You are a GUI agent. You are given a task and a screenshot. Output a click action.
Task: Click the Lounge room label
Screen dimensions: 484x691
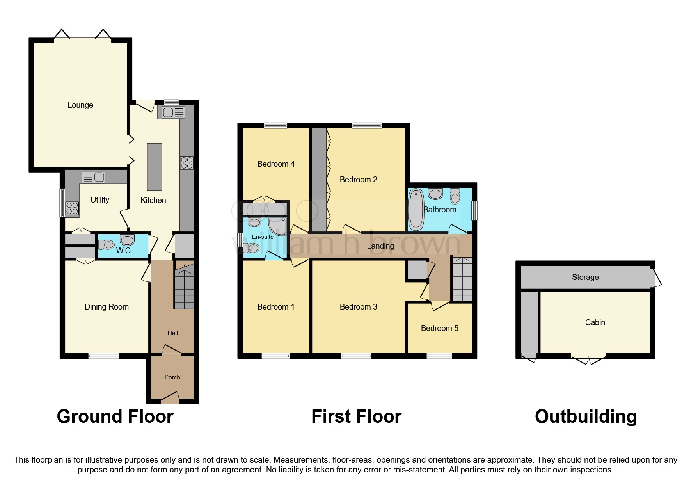pos(80,105)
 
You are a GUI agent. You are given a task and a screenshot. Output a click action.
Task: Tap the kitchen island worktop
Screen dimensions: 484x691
pos(154,167)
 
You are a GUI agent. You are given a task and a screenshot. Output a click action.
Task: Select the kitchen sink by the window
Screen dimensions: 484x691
pos(171,113)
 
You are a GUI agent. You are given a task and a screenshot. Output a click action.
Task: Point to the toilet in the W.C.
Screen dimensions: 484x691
pos(106,245)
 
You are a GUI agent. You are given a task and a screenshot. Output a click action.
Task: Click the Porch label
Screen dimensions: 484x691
pos(172,377)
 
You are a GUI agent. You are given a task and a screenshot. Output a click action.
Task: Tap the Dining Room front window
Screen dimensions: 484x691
pos(103,356)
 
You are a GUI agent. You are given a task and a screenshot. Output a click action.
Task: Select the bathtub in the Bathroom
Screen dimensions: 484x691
pos(416,210)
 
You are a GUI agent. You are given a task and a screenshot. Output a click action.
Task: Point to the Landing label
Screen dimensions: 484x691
pos(380,246)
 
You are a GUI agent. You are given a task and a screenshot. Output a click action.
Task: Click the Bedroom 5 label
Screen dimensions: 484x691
pos(439,328)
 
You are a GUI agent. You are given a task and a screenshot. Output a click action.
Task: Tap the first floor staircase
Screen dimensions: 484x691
pos(462,279)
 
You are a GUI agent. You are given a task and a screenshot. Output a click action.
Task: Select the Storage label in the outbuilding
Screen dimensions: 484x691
pos(585,277)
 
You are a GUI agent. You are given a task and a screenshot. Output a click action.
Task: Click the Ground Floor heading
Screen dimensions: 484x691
pos(115,416)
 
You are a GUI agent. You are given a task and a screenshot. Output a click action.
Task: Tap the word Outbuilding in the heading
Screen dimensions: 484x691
pos(586,416)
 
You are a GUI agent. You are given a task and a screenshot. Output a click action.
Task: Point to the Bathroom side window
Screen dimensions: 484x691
pos(474,210)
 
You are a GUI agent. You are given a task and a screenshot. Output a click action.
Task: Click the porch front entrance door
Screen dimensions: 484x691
pos(171,399)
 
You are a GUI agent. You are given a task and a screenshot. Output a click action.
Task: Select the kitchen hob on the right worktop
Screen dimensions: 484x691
pos(187,163)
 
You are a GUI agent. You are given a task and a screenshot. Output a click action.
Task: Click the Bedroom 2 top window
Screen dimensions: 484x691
pos(366,126)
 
